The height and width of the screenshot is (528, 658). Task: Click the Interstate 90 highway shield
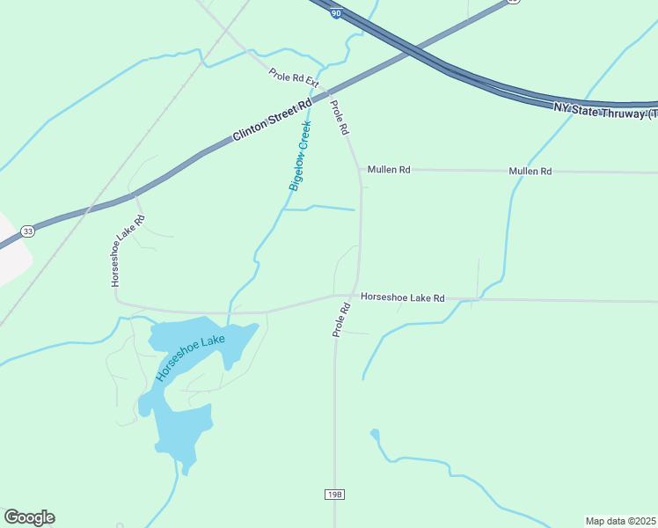coord(336,14)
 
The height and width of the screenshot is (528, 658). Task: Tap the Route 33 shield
coord(28,231)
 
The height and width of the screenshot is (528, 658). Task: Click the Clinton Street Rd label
coord(273,121)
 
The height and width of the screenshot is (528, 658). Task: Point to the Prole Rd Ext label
coord(293,77)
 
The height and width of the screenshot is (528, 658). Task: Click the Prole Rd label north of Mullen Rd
coord(340,118)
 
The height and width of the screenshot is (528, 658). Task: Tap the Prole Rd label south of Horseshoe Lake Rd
coord(341,320)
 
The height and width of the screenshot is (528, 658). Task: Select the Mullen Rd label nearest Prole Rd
coord(389,169)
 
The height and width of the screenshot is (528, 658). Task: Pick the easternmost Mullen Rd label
coord(530,171)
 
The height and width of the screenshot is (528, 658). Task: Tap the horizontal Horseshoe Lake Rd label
coord(403,298)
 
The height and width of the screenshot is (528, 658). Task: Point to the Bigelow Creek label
coord(301,158)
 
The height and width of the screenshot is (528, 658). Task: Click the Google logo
coord(29,517)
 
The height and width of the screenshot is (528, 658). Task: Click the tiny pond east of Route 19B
coord(375,434)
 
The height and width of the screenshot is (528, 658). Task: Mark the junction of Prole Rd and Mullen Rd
coord(359,168)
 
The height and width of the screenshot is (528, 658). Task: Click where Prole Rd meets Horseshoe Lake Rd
coord(355,297)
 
